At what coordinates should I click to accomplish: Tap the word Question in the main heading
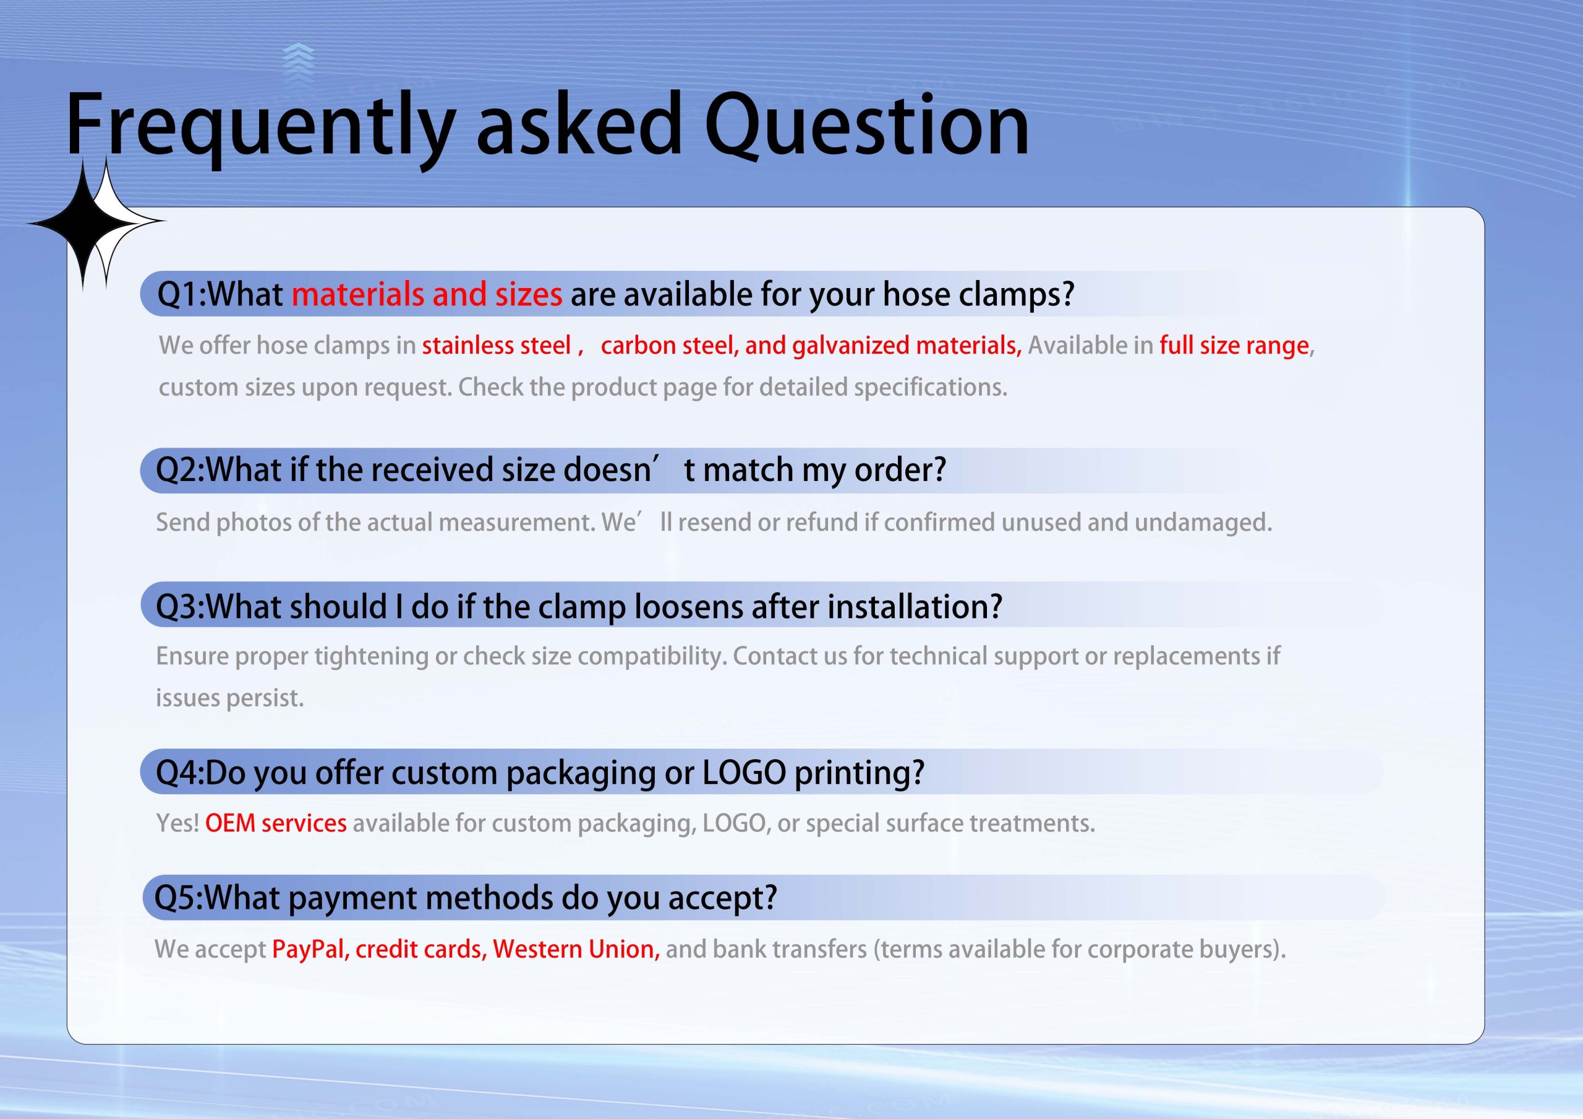click(x=867, y=127)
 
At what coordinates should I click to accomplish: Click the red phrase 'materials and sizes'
click(x=427, y=294)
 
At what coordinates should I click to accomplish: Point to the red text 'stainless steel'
click(x=497, y=346)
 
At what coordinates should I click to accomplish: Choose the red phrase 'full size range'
click(x=1234, y=346)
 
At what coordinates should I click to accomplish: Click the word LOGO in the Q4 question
click(x=744, y=772)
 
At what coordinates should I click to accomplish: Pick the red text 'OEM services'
click(x=276, y=823)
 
